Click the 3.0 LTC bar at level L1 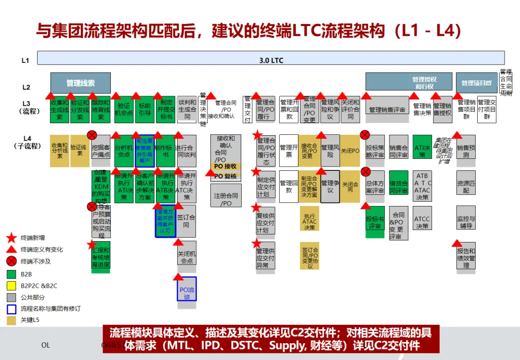(x=271, y=60)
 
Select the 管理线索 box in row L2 (x=80, y=83)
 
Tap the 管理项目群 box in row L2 (x=476, y=83)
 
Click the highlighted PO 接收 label (x=226, y=167)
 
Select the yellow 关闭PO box (x=350, y=151)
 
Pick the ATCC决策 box (x=422, y=223)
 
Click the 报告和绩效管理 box (x=466, y=258)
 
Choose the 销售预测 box (x=466, y=151)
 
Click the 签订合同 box (x=186, y=221)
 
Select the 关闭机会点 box (x=187, y=257)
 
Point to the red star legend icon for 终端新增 (x=12, y=238)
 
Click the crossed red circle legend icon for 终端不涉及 (x=12, y=261)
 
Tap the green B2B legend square (x=12, y=274)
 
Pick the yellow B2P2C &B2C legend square (x=12, y=286)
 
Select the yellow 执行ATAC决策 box (x=310, y=222)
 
